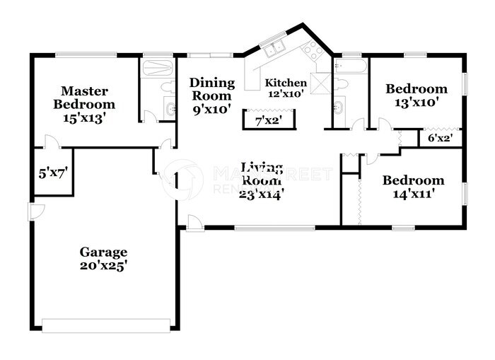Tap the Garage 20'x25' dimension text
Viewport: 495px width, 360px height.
[x=103, y=265]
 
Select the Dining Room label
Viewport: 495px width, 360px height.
[x=211, y=89]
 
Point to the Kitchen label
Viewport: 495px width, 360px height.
[x=286, y=83]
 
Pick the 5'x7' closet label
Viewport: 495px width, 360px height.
[x=52, y=170]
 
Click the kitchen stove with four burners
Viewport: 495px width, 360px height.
[x=312, y=50]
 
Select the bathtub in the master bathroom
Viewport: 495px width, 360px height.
[x=156, y=69]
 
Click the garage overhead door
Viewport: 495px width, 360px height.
[x=106, y=325]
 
